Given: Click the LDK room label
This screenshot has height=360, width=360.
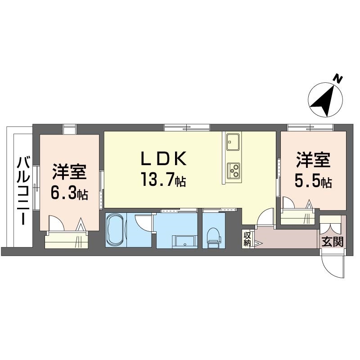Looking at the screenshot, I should click(163, 158).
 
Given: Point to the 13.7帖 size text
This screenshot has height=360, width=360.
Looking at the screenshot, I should click(163, 180).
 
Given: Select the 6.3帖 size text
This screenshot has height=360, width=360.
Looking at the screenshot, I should click(69, 194).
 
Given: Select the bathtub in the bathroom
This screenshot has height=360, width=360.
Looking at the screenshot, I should click(117, 229).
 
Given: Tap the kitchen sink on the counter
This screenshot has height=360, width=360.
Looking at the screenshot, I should click(233, 143).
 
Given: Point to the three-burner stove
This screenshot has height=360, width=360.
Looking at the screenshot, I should click(233, 170).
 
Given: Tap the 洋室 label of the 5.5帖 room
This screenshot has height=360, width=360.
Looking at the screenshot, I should click(313, 160).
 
